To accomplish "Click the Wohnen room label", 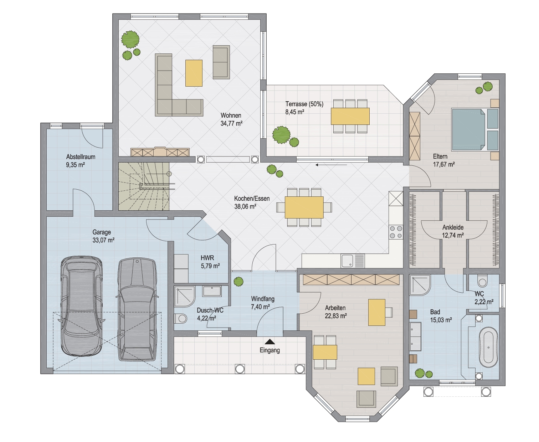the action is tap(231, 115).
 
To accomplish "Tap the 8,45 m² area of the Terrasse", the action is tap(295, 112).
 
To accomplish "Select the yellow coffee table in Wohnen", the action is tap(194, 73).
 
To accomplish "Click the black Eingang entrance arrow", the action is tap(269, 342).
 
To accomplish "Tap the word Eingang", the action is tap(269, 350).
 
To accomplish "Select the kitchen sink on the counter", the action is tap(353, 261).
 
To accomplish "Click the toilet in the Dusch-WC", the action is tap(181, 318).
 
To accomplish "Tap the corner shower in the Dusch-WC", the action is tap(185, 296).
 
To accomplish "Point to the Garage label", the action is tap(102, 232).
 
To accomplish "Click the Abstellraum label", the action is tap(81, 157).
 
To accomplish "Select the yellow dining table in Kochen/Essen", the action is tap(304, 207).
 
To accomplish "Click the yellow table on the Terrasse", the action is tap(350, 116).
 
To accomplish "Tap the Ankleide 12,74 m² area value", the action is tap(453, 235).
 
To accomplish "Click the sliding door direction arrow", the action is tap(331, 165).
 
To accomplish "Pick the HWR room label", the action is tap(207, 258).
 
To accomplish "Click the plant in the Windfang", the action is tap(238, 282).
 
